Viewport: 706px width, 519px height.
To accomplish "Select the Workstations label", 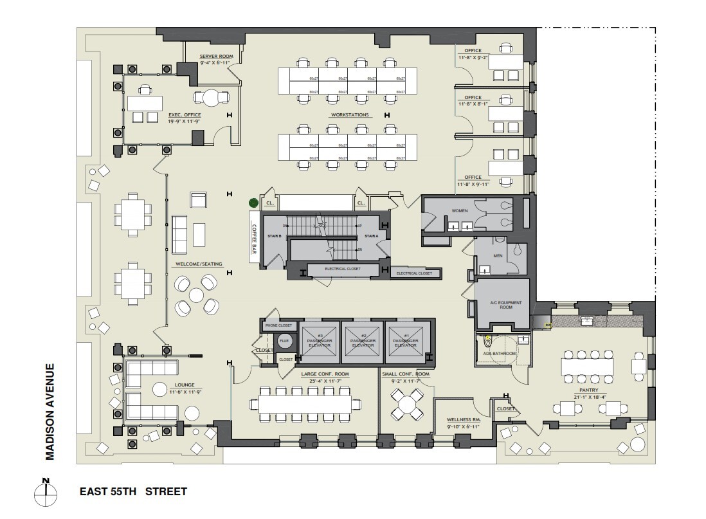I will (350, 115).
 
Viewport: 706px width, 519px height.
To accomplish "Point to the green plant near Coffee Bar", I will (254, 203).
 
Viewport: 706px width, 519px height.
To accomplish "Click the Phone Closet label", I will (278, 326).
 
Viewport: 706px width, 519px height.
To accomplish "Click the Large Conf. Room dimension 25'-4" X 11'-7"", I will (324, 381).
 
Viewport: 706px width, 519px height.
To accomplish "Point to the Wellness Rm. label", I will (463, 419).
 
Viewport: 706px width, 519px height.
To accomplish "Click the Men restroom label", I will (497, 256).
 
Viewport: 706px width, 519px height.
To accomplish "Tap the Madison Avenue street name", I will (50, 412).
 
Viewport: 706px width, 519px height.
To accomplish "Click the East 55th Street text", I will (133, 492).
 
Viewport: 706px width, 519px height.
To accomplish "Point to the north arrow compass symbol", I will (46, 493).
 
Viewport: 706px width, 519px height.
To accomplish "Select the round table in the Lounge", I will (158, 389).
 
